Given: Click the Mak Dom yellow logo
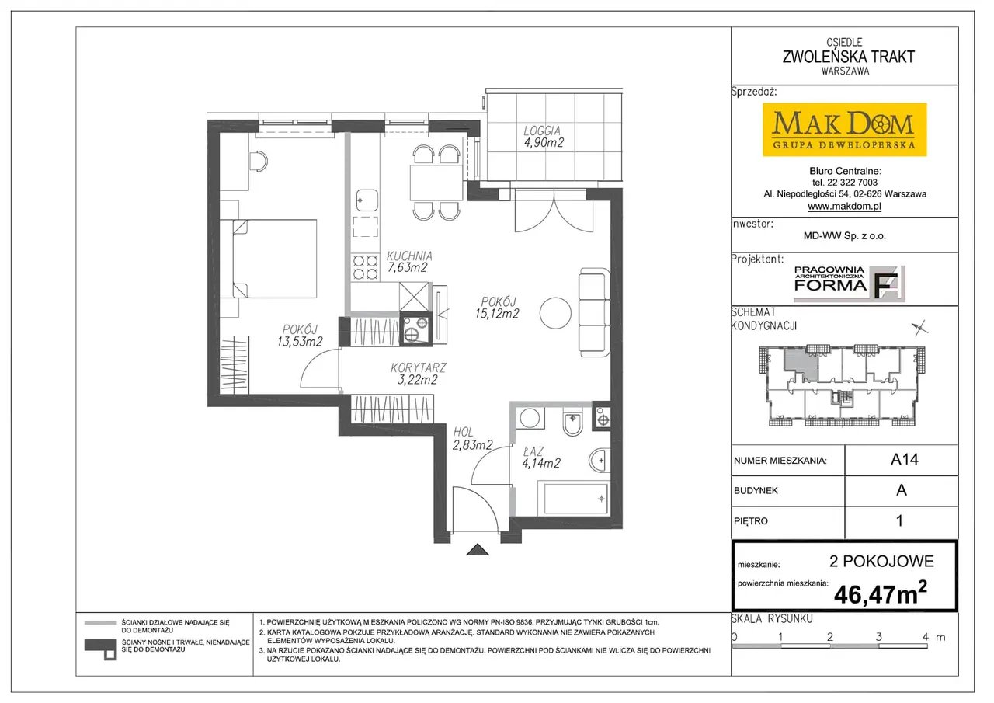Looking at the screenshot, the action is coord(844,130).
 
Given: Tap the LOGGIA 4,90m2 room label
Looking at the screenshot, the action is coord(543,137).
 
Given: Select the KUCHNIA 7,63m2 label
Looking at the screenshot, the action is coord(408,262).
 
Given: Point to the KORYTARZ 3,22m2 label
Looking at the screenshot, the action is coord(418,374).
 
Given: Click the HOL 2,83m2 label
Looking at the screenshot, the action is coord(472,438).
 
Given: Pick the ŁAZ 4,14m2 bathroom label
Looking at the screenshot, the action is coord(541,458).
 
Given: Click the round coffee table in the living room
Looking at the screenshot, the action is coord(555,313).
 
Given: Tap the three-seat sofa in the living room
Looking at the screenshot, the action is coord(594,312).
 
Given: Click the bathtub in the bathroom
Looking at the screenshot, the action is coord(573,498).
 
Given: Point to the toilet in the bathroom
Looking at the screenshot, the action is coord(573,420).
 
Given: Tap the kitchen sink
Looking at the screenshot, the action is coord(367,200).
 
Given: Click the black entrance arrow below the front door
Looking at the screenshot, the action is coord(478,549).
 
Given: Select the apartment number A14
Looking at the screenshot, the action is coord(905,459).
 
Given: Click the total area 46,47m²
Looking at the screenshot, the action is coord(881,593).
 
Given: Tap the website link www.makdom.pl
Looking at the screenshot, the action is coord(844,206).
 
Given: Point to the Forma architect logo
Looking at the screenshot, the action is coord(850,284).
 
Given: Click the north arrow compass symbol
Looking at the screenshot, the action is coord(920,328).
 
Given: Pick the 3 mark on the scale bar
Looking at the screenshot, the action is coord(878,636).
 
